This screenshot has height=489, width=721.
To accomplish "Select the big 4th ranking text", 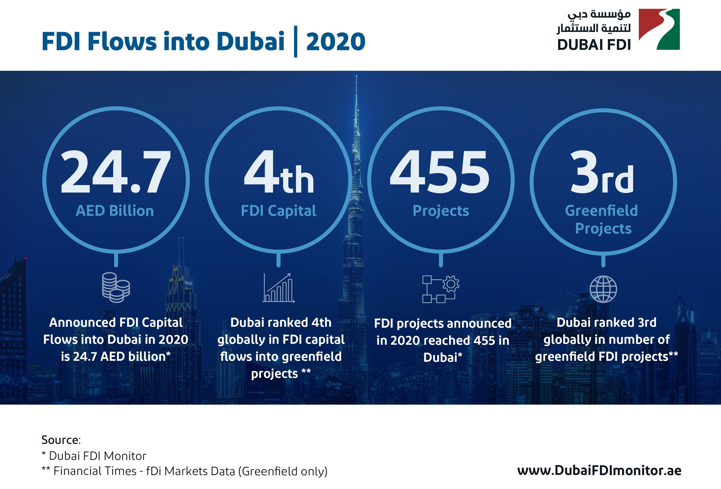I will tap(279, 173).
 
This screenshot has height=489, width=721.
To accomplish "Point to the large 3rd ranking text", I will tap(602, 173).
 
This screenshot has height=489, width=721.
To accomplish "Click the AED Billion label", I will tap(115, 211).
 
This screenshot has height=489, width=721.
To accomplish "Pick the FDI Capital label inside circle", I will tap(279, 211).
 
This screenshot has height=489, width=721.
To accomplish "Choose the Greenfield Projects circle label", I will tap(602, 219).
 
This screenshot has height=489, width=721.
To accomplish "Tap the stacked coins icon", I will tap(116, 287).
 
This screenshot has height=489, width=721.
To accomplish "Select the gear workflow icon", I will tap(441, 289).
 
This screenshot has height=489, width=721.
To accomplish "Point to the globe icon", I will tap(603, 289).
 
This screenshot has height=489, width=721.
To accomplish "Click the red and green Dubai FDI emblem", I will tap(659, 30).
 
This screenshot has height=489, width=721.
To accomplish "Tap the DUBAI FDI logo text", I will tap(594, 45).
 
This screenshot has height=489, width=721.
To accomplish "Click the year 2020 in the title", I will tap(336, 42).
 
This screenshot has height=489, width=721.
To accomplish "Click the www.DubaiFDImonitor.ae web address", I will tap(599, 471).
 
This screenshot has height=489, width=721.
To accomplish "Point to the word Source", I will tap(61, 440).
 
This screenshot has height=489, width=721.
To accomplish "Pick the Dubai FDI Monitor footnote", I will tap(94, 456).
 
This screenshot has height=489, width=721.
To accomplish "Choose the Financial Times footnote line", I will tap(185, 471).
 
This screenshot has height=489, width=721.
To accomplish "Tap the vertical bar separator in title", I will tap(295, 42).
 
